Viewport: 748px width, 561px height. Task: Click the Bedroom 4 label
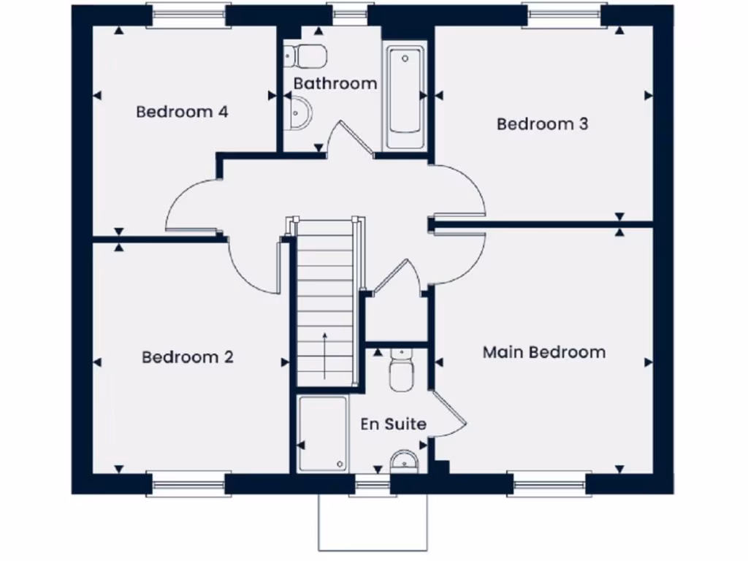click(182, 112)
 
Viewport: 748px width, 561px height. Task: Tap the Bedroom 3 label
click(542, 124)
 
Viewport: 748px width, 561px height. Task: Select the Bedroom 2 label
click(188, 357)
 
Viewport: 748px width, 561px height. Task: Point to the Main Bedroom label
click(543, 352)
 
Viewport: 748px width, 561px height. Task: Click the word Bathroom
click(335, 83)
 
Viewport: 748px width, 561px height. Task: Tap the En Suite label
click(393, 424)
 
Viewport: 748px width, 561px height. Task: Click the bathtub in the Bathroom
click(405, 97)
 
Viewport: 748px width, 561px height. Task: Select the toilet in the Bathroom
click(306, 55)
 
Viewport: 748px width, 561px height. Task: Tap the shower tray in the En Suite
click(322, 433)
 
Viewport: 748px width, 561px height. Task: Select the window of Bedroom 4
click(188, 15)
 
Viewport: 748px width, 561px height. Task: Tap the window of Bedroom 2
click(188, 484)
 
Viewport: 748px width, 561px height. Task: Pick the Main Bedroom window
click(549, 484)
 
